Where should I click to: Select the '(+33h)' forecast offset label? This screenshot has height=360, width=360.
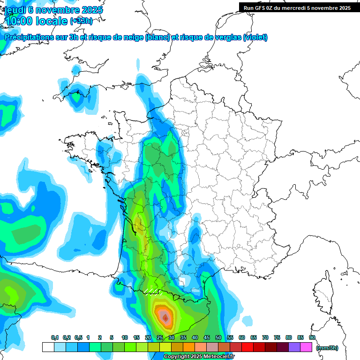[x=81, y=21]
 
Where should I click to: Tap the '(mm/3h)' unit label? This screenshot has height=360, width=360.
[x=327, y=348]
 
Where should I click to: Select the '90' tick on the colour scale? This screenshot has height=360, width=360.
[x=312, y=337]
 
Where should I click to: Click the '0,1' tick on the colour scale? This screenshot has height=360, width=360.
[x=54, y=337]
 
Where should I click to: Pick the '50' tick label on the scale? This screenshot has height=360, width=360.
[x=218, y=337]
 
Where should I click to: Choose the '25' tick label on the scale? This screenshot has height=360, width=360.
[x=160, y=337]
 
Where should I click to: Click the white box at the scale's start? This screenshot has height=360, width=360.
[x=48, y=347]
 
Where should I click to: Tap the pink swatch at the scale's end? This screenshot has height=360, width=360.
[x=306, y=347]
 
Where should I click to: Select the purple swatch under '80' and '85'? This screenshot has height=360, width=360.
[x=294, y=347]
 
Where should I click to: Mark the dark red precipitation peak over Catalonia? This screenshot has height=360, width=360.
[x=165, y=318]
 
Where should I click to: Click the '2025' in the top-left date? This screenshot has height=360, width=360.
[x=92, y=10]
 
